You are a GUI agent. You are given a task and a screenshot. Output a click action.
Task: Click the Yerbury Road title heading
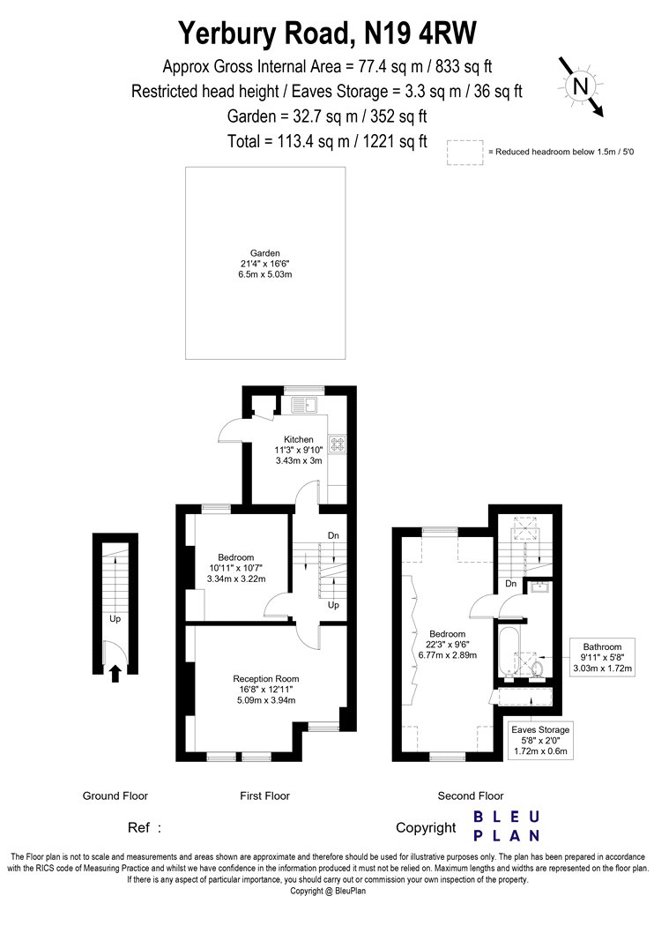pos(327,34)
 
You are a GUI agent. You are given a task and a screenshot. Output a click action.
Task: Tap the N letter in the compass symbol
pos(581,86)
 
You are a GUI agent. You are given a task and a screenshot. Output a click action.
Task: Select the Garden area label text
pos(265,264)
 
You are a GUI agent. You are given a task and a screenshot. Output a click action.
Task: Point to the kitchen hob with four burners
pos(338,444)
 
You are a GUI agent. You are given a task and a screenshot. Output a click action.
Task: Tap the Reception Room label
pos(265,689)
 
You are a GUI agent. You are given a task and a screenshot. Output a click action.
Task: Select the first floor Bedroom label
pos(236,568)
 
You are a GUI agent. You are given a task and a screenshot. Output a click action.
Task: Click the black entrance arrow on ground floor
pos(115,674)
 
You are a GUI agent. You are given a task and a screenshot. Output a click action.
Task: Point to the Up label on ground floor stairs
pos(115,619)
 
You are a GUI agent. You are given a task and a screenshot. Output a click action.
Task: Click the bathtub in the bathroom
pos(508,653)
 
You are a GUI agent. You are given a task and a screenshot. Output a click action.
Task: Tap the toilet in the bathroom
pos(536,668)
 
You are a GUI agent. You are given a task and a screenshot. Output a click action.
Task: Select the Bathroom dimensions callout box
pos(602,657)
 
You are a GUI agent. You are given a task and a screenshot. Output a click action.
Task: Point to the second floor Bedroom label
pos(448,645)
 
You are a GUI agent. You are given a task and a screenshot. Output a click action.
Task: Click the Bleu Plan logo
pos(507,826)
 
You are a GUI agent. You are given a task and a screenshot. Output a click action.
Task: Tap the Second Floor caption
pos(471,796)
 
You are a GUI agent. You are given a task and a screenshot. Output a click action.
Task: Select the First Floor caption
pos(264,796)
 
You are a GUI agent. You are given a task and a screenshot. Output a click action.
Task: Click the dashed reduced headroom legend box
pos(465,153)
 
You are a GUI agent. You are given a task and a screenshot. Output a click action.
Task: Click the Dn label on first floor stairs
pos(333,535)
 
